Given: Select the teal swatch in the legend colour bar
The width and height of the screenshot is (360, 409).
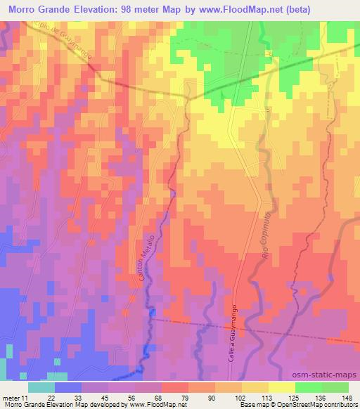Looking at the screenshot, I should [x=41, y=387].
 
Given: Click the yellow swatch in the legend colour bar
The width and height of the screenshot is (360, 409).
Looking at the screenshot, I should [x=282, y=387].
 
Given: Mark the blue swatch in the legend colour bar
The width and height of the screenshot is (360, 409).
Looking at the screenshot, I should [x=68, y=387].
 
